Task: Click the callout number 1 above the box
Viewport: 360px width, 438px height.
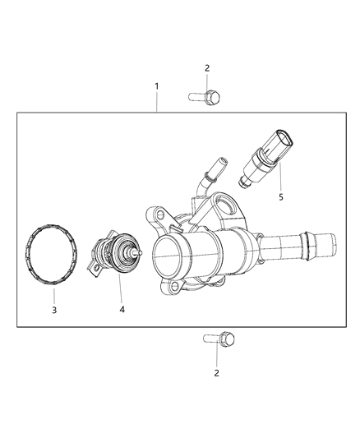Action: (156, 85)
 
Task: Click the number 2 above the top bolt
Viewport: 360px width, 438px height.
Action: (207, 68)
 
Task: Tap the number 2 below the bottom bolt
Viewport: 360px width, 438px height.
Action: (218, 373)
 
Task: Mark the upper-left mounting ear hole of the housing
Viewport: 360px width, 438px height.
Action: (151, 216)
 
